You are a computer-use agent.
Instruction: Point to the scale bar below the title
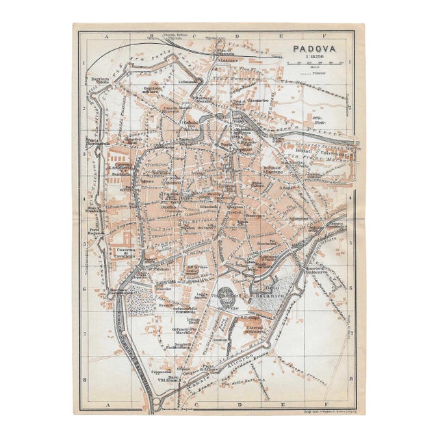point(318,65)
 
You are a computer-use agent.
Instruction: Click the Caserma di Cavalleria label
point(124,252)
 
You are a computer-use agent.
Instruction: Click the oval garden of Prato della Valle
point(225,297)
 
